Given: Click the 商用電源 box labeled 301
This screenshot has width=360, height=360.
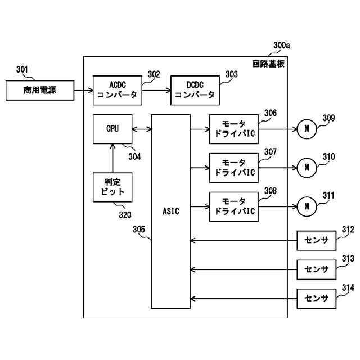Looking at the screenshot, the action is (40, 90).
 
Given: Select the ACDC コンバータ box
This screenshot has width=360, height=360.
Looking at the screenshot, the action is (118, 90).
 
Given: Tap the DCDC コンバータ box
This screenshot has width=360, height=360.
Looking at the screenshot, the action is (195, 90).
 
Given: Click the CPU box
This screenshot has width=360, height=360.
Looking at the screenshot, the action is (112, 129).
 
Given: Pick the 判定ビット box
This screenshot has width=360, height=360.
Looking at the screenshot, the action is (112, 187).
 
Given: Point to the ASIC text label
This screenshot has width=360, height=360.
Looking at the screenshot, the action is (171, 211).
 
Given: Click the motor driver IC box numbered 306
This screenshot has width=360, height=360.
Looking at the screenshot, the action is (234, 129).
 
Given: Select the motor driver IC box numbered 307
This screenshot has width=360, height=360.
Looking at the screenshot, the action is (234, 168).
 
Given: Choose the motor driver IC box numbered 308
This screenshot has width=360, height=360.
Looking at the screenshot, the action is (234, 206).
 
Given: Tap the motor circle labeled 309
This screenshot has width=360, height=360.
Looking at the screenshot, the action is (307, 129).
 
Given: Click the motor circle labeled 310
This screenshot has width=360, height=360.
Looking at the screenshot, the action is (307, 168).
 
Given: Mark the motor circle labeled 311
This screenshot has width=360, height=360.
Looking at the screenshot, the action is (307, 206).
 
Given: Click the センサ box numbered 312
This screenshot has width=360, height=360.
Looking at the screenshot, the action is (316, 240).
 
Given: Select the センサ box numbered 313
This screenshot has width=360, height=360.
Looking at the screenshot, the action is (316, 269).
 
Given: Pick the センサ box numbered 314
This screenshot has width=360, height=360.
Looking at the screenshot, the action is (316, 299).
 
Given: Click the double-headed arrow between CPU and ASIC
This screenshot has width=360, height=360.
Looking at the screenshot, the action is (142, 129).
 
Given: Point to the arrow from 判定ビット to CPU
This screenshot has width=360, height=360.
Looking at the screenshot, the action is (112, 158).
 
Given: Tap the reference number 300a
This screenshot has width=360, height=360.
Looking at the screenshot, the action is (281, 46).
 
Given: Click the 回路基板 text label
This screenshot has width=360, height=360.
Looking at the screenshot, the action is (268, 64).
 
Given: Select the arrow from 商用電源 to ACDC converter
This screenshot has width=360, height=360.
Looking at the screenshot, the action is (84, 90).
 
